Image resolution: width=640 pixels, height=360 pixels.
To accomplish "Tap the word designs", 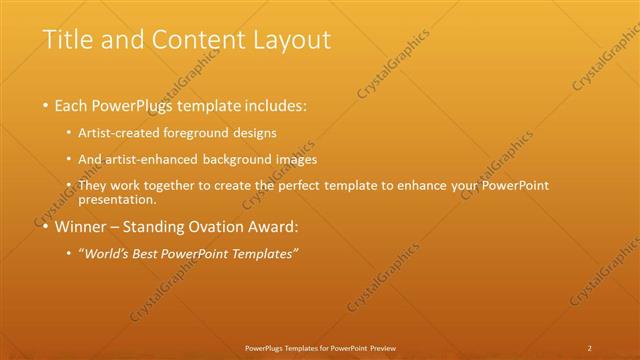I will (x=257, y=133).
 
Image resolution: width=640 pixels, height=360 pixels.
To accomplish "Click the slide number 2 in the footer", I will (x=590, y=347).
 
